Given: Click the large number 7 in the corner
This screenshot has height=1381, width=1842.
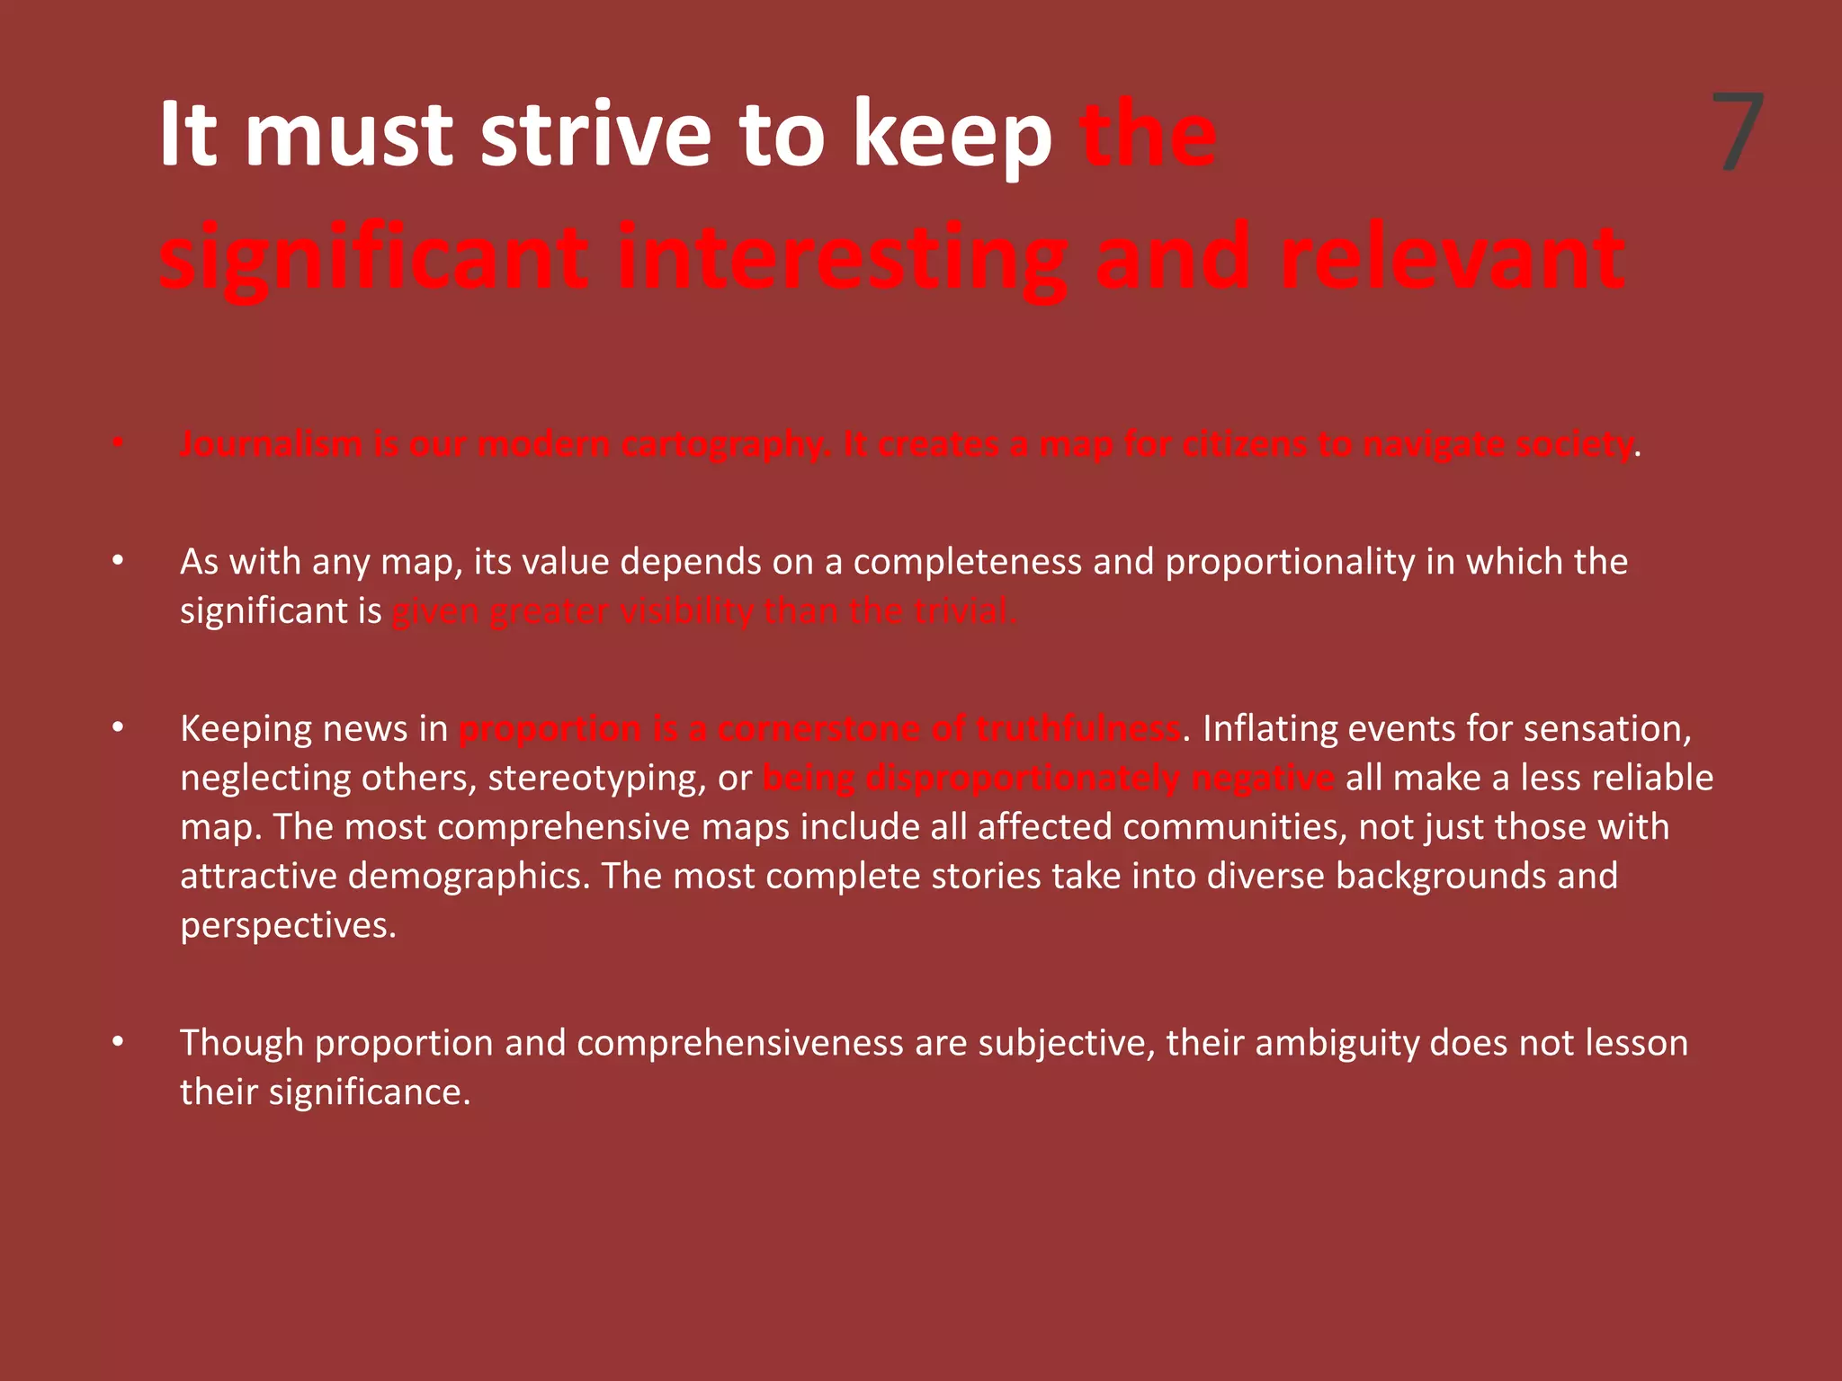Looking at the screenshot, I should (x=1737, y=133).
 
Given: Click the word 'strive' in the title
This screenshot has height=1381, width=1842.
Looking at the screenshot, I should (x=597, y=135).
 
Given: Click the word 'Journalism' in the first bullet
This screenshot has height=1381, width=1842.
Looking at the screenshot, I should (x=271, y=444).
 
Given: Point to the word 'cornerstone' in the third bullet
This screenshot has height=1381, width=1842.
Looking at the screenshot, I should (x=818, y=728).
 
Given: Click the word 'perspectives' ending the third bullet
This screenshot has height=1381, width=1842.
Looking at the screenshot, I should (x=287, y=926).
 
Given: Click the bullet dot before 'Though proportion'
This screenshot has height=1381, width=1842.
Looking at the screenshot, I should (x=117, y=1042).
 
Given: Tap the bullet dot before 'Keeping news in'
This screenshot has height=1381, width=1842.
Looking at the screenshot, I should (x=117, y=727).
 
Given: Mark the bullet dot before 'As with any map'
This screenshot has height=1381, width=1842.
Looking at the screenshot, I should (x=117, y=561).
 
